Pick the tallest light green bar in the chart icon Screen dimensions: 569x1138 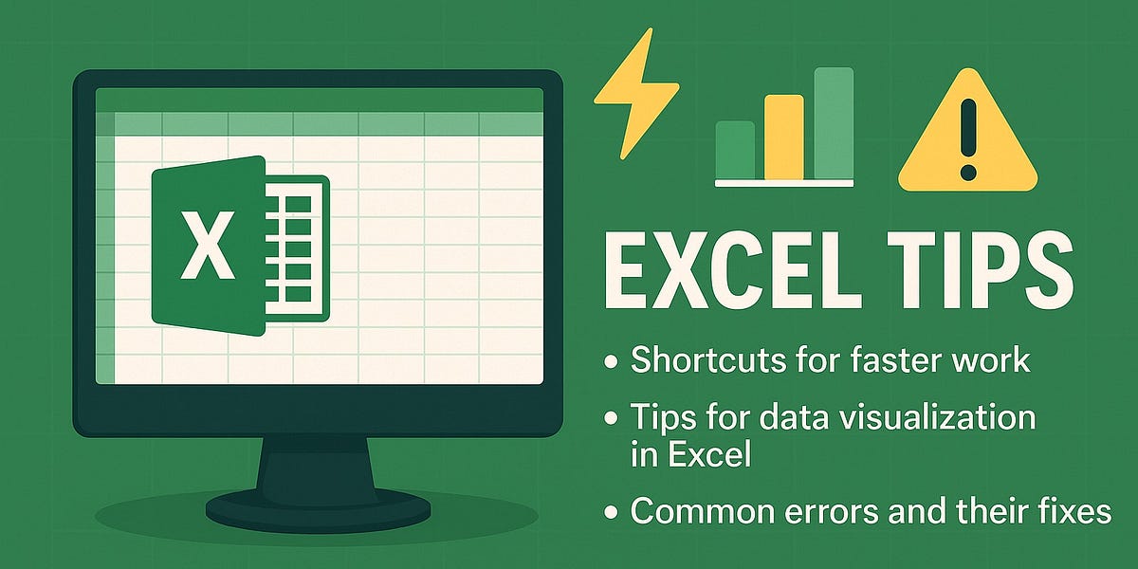(x=834, y=122)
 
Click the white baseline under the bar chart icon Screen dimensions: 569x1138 (x=784, y=182)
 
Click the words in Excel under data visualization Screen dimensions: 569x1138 (x=689, y=456)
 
